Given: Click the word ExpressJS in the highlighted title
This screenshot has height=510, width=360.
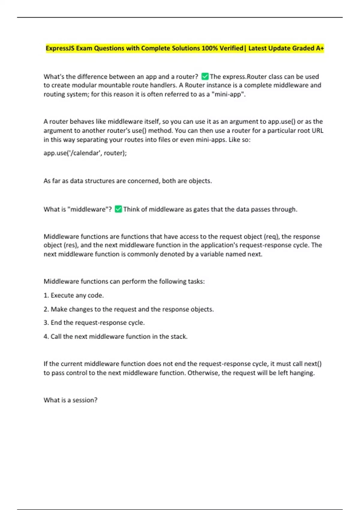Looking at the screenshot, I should pyautogui.click(x=60, y=48).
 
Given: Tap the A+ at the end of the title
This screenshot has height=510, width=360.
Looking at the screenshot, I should pyautogui.click(x=320, y=48).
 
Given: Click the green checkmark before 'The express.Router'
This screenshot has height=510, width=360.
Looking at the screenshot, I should pyautogui.click(x=205, y=76).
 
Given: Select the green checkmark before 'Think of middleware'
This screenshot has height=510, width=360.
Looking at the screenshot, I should pyautogui.click(x=118, y=209).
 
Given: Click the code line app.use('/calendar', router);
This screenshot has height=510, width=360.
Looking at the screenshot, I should pyautogui.click(x=85, y=153).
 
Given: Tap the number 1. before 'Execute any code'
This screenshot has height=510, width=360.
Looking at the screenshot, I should pyautogui.click(x=46, y=295).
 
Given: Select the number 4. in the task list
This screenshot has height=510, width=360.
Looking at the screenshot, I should pyautogui.click(x=46, y=337).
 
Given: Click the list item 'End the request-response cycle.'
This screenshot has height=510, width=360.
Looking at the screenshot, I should pyautogui.click(x=97, y=323).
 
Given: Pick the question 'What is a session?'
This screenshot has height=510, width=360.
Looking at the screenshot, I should pyautogui.click(x=70, y=400).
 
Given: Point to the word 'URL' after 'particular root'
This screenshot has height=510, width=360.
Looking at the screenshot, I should pyautogui.click(x=317, y=131).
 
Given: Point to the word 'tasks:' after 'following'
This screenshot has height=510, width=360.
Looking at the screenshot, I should pyautogui.click(x=196, y=281).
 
